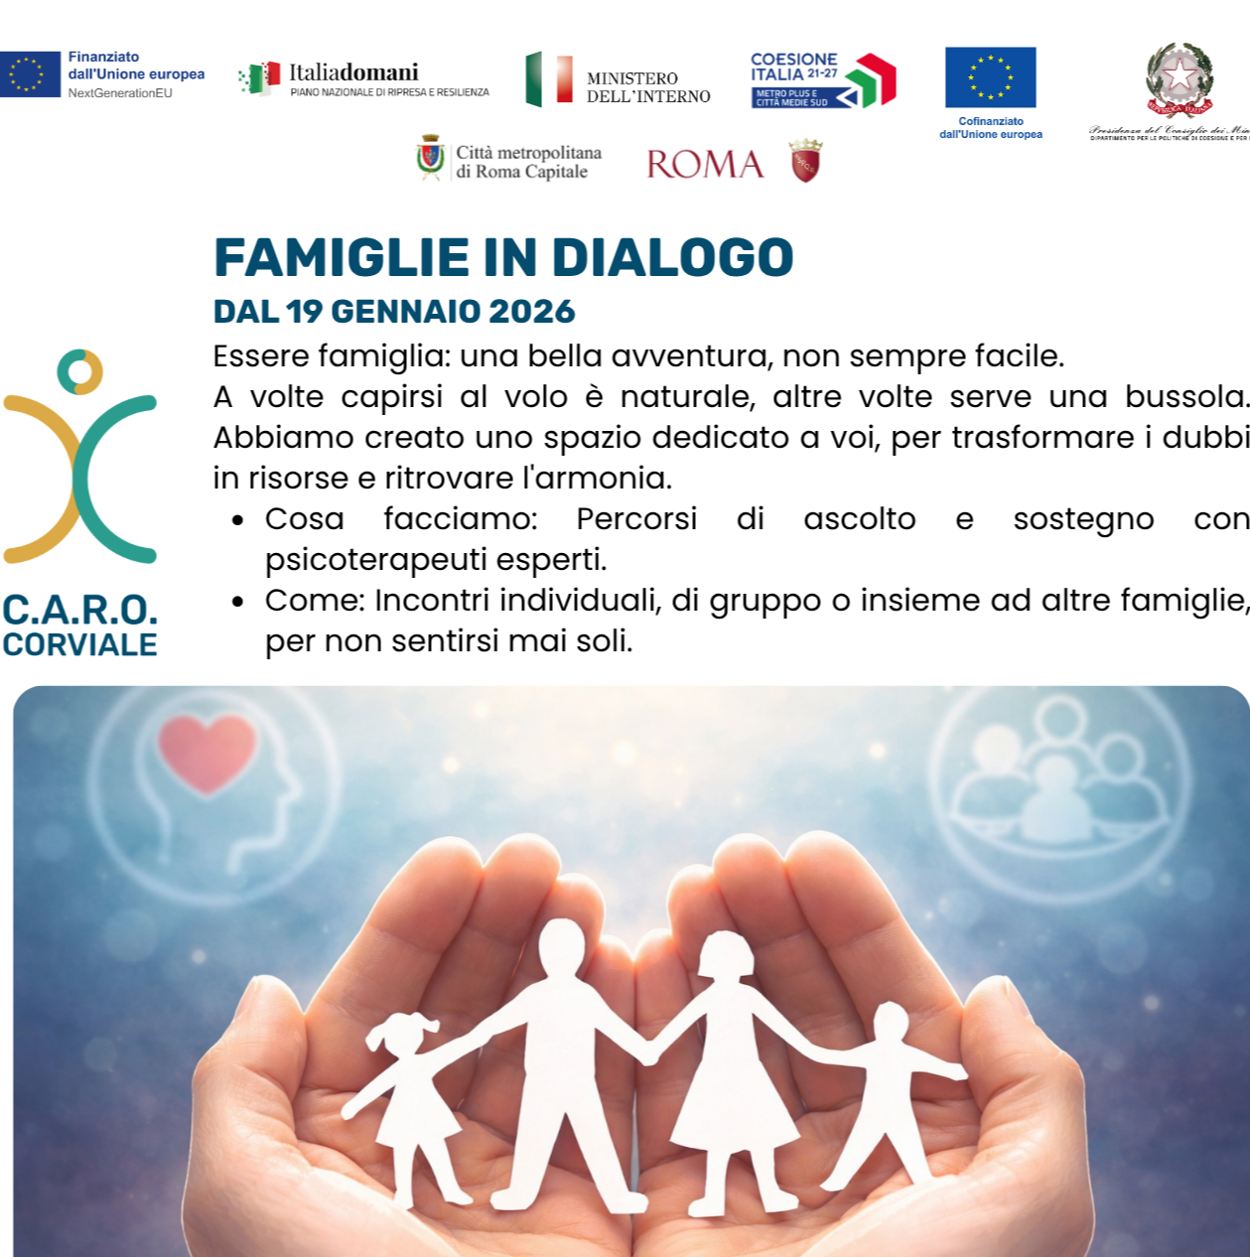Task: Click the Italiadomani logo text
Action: [353, 72]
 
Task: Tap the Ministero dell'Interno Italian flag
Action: [549, 79]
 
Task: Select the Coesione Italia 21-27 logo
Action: [823, 80]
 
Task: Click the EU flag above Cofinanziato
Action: [990, 77]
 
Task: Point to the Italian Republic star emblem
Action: [1179, 77]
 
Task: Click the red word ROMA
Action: [705, 165]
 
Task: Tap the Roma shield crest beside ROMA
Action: [806, 161]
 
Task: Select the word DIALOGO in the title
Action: [672, 258]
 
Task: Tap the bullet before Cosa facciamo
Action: [238, 520]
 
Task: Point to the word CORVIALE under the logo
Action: [79, 645]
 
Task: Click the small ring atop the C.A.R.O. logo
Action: [79, 371]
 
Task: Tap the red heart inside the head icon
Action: [208, 753]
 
